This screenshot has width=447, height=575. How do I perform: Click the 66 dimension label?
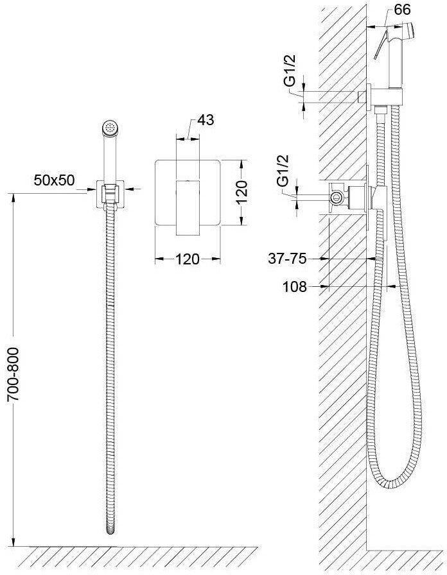click(x=402, y=10)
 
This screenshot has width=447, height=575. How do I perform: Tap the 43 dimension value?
click(x=206, y=120)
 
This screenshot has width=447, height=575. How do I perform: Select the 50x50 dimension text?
click(x=55, y=180)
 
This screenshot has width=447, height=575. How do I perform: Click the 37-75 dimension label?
click(x=287, y=259)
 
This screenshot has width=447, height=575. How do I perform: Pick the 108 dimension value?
click(x=294, y=286)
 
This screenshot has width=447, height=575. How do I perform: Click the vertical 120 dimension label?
click(x=241, y=192)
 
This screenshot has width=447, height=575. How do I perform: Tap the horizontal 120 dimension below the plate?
click(x=188, y=259)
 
